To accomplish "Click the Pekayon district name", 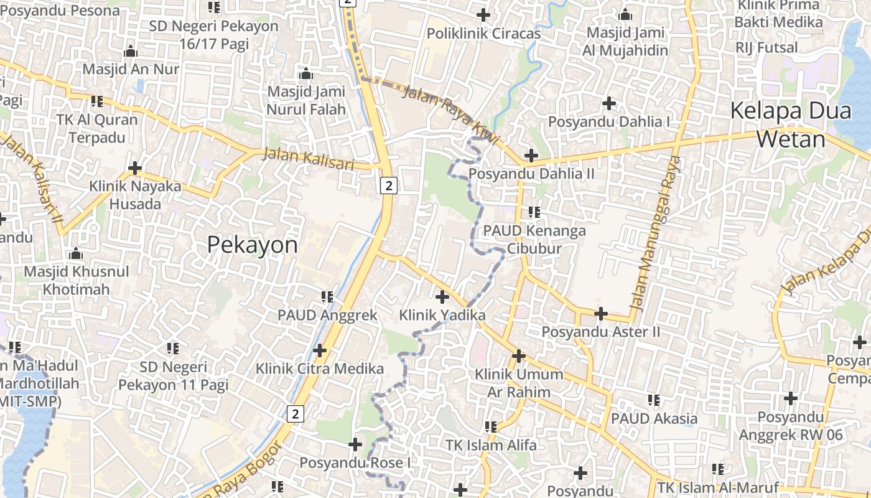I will [252, 245].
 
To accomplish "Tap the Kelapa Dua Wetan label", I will [791, 125].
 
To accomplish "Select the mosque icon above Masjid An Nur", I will [131, 51].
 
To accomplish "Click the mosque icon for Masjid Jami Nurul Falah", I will [305, 74].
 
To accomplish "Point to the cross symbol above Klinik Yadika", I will [442, 297].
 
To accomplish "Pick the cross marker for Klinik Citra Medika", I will [320, 350].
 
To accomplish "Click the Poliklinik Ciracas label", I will [484, 34].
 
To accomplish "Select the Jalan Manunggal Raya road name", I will [656, 233].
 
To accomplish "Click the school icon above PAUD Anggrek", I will [327, 297].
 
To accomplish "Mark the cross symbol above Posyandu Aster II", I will [601, 314].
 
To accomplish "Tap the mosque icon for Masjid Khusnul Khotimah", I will [76, 253].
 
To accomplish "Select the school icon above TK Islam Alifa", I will [491, 427].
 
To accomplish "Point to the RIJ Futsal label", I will [766, 47].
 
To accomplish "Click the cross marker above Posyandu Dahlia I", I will [609, 103].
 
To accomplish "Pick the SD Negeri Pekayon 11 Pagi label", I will [173, 375].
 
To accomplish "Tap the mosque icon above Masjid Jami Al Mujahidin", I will [626, 14].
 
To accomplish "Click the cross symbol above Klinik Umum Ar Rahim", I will [519, 356].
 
